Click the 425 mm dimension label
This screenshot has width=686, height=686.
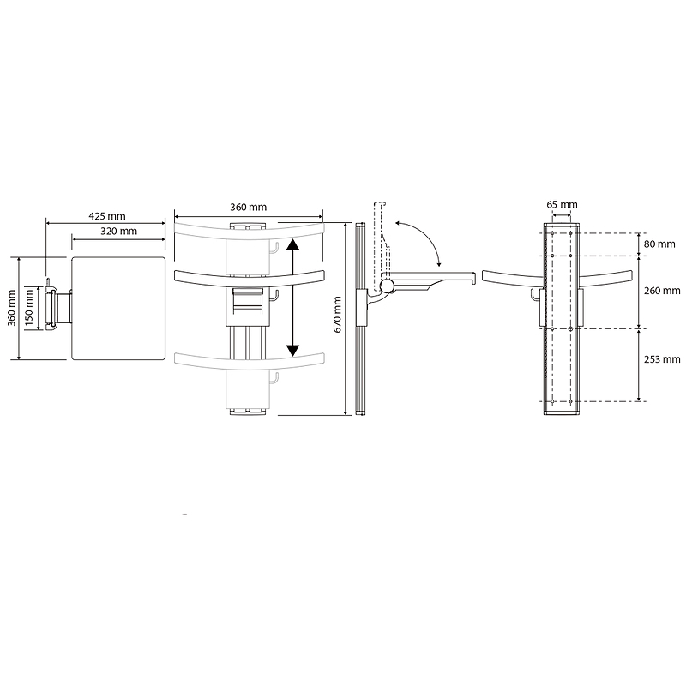click(x=107, y=216)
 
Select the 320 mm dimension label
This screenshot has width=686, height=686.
click(x=118, y=231)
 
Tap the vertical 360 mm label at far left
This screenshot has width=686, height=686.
click(x=12, y=308)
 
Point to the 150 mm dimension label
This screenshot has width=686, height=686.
click(x=29, y=308)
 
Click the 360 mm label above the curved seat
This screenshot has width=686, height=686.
click(x=248, y=207)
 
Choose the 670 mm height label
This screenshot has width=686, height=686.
click(x=338, y=314)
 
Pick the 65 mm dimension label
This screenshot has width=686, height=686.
click(x=562, y=204)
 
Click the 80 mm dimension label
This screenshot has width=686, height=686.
click(x=659, y=244)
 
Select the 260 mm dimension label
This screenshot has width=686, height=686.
click(x=662, y=291)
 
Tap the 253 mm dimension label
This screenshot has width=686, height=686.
click(x=662, y=359)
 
